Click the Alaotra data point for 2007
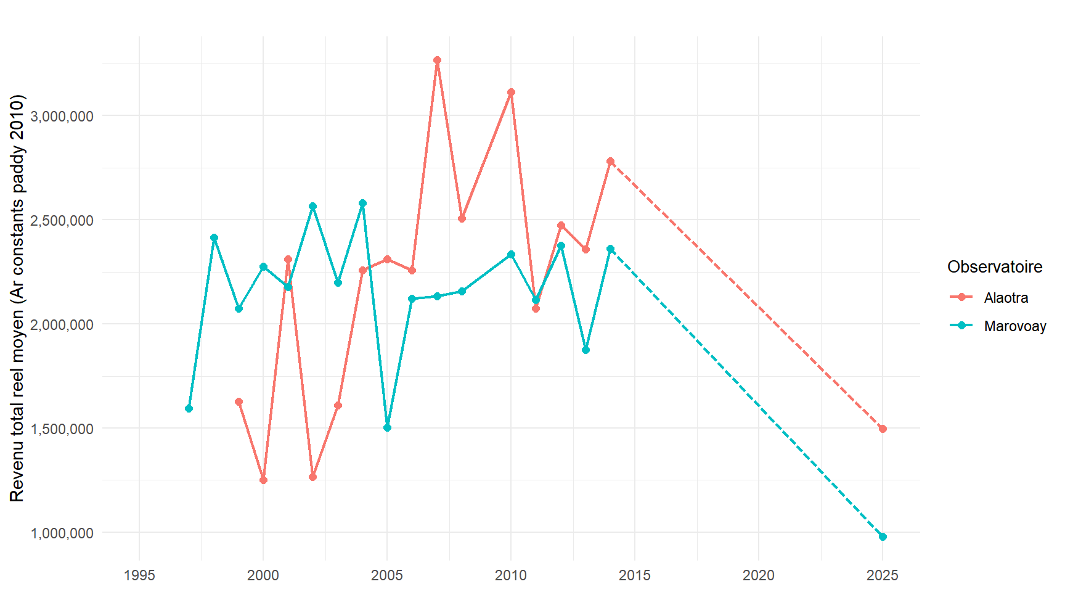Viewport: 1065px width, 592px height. pos(437,60)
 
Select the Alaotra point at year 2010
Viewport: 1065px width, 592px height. pos(511,92)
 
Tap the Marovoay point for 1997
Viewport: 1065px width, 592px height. pos(189,409)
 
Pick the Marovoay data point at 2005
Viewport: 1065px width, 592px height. pos(387,428)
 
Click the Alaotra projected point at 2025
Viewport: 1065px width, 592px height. pos(883,429)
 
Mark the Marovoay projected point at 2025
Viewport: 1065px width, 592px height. pos(883,537)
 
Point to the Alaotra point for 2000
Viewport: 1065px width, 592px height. pos(263,480)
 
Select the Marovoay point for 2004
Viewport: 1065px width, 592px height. pos(362,203)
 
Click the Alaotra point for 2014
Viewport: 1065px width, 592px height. pos(610,162)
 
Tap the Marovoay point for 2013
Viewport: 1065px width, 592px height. pos(586,350)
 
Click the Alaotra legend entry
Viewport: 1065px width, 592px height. pos(1005,298)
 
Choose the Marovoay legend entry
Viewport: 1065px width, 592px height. pos(1014,326)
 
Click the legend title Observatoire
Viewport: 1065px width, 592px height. pos(995,267)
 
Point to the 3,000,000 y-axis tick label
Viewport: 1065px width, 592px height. pos(62,116)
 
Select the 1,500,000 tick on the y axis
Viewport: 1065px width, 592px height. pos(62,429)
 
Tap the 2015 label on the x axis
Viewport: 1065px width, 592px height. pos(634,575)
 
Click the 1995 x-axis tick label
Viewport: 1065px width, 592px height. pos(139,575)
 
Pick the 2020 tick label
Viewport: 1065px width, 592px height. pos(758,575)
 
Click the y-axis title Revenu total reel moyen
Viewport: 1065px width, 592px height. pos(17,298)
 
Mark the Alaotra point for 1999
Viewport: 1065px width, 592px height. pos(239,402)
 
